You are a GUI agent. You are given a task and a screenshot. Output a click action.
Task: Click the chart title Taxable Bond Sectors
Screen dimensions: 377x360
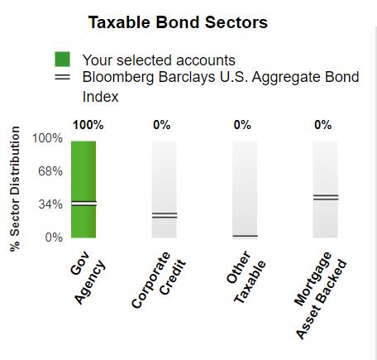178,22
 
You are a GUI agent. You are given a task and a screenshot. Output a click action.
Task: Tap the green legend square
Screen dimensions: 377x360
62,59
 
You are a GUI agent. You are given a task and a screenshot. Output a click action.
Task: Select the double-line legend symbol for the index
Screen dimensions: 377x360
62,77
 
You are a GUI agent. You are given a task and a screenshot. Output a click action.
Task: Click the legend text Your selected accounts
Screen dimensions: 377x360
159,60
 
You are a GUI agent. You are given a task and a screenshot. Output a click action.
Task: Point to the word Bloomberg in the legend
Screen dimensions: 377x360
118,77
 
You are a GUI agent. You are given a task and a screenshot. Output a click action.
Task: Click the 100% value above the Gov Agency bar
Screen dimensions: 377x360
88,125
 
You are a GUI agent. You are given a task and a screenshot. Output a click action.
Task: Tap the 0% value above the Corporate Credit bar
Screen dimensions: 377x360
162,125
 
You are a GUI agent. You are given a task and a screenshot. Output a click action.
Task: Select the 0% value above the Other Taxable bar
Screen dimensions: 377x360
242,125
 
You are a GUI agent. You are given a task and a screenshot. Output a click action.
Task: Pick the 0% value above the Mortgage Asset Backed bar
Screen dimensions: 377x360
322,125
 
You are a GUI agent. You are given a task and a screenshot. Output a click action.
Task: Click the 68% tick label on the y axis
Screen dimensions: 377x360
50,171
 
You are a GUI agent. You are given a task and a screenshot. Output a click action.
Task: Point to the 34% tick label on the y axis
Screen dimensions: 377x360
50,204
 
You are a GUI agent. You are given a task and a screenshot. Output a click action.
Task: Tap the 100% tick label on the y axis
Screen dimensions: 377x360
47,138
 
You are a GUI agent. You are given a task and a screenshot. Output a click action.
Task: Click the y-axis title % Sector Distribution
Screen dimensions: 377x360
15,189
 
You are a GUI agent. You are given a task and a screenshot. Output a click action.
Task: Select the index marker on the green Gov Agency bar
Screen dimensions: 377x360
84,204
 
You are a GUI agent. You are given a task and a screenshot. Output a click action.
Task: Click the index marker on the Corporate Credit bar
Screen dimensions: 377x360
165,215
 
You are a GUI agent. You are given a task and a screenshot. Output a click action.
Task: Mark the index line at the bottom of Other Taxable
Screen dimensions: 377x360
245,236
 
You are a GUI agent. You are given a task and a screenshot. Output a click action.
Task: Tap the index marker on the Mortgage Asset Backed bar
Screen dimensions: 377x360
326,197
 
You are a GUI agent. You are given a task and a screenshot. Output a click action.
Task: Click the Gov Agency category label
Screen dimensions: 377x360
88,277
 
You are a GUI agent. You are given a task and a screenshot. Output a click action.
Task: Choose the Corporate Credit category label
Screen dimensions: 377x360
159,280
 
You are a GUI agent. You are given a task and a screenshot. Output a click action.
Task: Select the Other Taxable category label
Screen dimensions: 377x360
246,276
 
